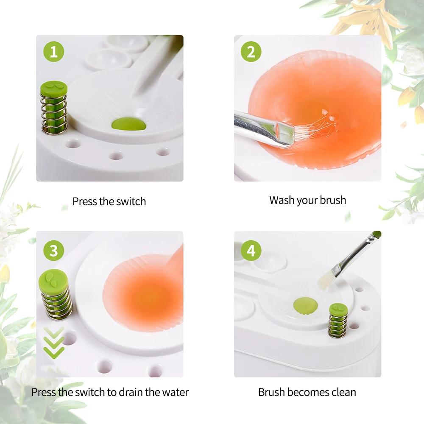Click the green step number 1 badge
tap(53, 53)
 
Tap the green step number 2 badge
tap(251, 53)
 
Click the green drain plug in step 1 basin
tap(129, 124)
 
